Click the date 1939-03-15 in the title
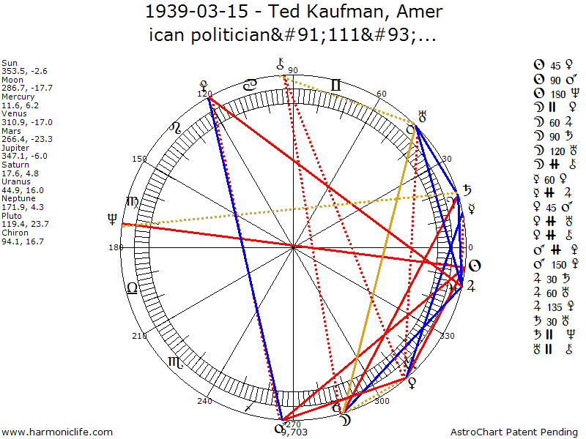point(190,13)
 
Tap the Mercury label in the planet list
point(17,96)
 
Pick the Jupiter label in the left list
point(16,147)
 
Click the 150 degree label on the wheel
point(139,159)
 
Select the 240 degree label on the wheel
point(205,401)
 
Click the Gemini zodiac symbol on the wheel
point(335,85)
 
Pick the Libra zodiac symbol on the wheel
point(132,288)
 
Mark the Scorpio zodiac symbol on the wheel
point(177,361)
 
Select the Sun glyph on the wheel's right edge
point(474,265)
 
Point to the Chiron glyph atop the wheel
point(280,64)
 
